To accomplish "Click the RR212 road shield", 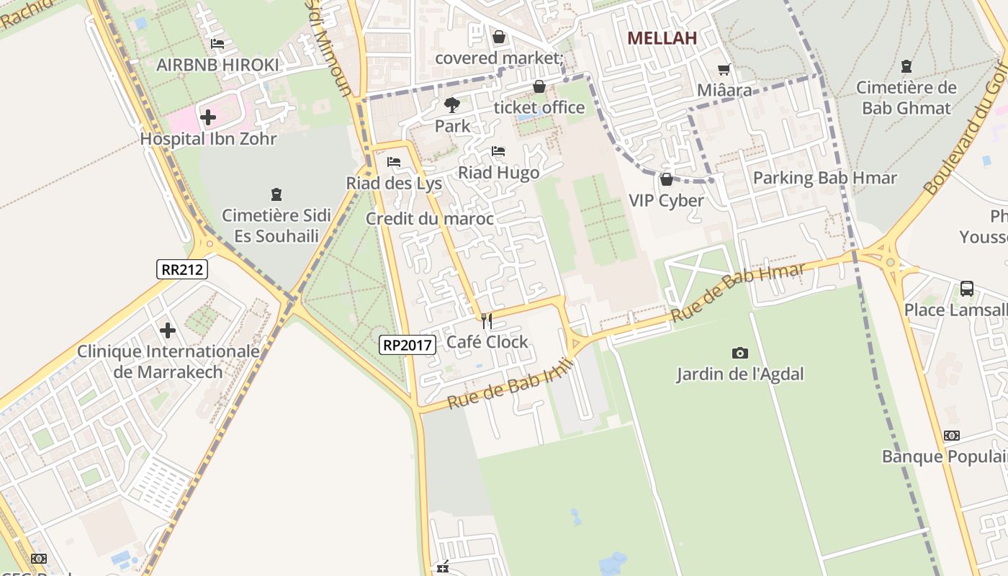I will (x=182, y=269).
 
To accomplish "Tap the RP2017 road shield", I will (x=408, y=345).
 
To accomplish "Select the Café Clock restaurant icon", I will (x=487, y=320).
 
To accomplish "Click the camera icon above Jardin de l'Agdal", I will (x=739, y=353).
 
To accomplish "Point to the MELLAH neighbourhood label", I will (x=662, y=38).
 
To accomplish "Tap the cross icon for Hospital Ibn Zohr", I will (x=208, y=117).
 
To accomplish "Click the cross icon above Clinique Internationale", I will (x=168, y=330).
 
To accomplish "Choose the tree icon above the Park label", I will (x=452, y=105).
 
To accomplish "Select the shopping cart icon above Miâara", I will (x=724, y=70).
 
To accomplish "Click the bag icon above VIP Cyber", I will (x=666, y=179).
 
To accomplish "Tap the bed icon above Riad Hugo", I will (x=498, y=151).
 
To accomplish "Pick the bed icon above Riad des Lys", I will (x=394, y=162).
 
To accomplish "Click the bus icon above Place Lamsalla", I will (x=967, y=289).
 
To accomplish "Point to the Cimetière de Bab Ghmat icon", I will (x=906, y=67).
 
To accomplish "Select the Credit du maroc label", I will (x=430, y=219).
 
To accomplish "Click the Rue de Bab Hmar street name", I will (x=737, y=294).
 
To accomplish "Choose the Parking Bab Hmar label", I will (x=824, y=178).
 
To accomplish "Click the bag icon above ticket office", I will (x=539, y=87).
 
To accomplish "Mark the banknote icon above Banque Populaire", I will (x=952, y=436).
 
